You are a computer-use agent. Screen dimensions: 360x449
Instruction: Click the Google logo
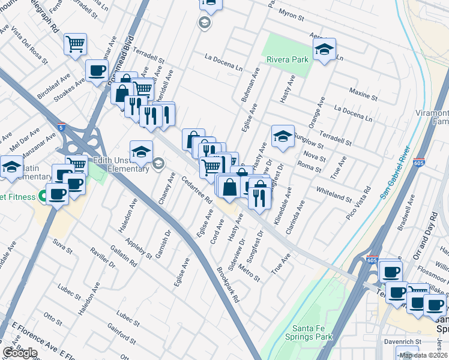pos(19,353)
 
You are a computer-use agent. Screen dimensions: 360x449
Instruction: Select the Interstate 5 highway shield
pos(62,127)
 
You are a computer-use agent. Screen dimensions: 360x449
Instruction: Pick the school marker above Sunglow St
pos(283,137)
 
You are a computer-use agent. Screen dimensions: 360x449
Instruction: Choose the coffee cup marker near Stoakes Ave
pos(97,71)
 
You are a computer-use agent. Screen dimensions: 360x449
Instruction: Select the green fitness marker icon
pos(42,195)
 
